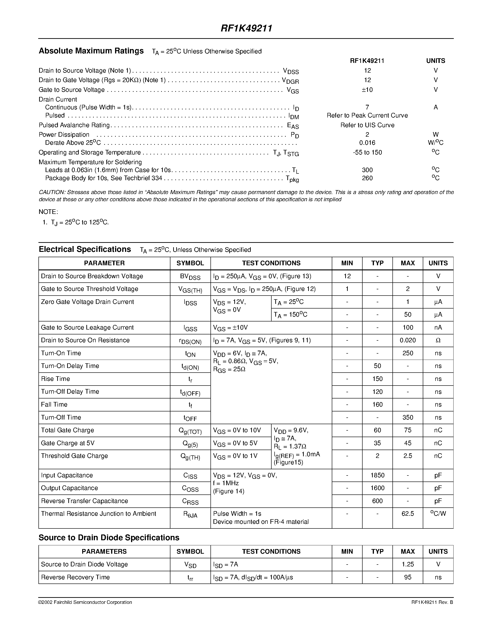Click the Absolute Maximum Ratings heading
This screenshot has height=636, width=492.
[91, 51]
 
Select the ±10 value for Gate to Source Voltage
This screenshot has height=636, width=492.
[367, 90]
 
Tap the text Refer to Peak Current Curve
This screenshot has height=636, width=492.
[367, 115]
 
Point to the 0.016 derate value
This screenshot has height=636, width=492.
[367, 143]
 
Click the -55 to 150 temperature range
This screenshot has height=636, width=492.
[367, 152]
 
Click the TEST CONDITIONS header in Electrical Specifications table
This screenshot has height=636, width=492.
[271, 263]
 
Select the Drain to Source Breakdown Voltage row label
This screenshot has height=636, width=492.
[92, 276]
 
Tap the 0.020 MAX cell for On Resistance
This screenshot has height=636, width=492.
[407, 340]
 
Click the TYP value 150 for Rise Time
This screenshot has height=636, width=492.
[377, 379]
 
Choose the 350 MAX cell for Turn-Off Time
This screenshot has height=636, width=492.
[407, 417]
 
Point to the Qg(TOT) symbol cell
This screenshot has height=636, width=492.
[190, 431]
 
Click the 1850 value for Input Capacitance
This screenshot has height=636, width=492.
[377, 475]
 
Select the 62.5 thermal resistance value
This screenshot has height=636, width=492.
[407, 514]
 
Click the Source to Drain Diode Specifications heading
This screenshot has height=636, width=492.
[109, 537]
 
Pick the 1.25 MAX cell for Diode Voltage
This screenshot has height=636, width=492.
[407, 564]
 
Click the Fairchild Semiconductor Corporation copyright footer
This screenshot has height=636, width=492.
[85, 602]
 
